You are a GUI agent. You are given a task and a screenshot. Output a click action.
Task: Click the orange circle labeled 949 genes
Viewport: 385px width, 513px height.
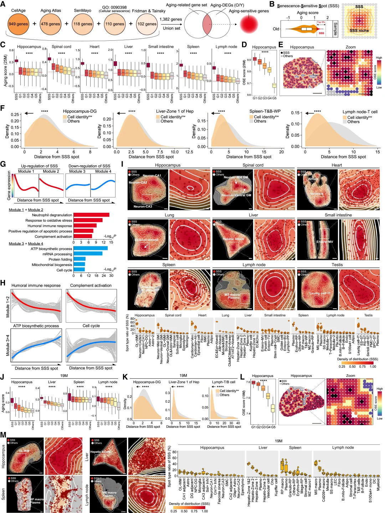(18, 24)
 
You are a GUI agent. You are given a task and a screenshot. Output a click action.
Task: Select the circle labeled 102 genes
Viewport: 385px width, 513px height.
(147, 24)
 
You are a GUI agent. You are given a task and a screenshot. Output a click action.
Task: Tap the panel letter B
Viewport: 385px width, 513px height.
(272, 4)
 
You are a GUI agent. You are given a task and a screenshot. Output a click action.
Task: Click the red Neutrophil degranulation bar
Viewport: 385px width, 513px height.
(91, 215)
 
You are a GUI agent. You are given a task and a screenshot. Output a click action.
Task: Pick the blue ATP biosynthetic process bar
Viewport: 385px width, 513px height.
(90, 248)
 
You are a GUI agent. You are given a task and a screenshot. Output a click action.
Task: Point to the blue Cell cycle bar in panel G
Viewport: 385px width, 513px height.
(79, 270)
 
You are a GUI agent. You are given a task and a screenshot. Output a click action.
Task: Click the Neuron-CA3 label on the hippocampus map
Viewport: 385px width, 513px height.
(143, 206)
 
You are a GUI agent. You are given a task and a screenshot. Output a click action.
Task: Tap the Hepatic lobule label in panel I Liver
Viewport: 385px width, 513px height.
(233, 239)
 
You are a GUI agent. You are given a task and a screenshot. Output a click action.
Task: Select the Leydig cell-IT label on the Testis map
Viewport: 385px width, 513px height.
(320, 293)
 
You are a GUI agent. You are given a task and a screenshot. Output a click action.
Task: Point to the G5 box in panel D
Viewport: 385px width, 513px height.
(274, 85)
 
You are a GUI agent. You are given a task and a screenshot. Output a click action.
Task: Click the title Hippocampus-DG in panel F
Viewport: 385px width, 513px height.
(79, 111)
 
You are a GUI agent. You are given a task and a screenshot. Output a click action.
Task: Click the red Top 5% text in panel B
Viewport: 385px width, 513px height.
(321, 22)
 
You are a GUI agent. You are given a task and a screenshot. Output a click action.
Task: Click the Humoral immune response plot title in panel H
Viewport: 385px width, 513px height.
(36, 286)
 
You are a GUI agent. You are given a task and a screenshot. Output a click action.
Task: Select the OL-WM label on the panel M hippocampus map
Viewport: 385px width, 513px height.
(24, 451)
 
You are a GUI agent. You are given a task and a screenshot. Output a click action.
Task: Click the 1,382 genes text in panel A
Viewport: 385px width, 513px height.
(171, 19)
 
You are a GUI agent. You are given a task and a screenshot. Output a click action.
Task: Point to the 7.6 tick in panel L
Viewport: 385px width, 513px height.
(248, 382)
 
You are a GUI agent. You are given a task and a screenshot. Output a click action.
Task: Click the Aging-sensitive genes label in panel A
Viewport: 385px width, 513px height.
(249, 11)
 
